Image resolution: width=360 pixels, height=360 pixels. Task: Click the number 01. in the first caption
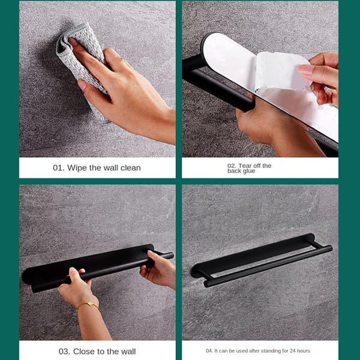coord(58,168)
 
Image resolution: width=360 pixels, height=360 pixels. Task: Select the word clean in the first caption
coord(130,168)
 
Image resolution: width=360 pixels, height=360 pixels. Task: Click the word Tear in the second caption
coord(245,166)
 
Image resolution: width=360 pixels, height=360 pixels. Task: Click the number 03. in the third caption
coord(64,352)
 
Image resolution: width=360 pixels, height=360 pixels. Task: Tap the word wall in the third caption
coord(128,352)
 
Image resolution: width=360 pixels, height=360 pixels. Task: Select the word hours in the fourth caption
coord(303,351)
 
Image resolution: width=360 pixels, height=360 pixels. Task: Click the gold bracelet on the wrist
coord(88,305)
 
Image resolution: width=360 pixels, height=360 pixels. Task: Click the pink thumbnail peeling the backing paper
coord(304,70)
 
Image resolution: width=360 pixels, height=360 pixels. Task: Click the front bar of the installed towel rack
coord(268,266)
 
